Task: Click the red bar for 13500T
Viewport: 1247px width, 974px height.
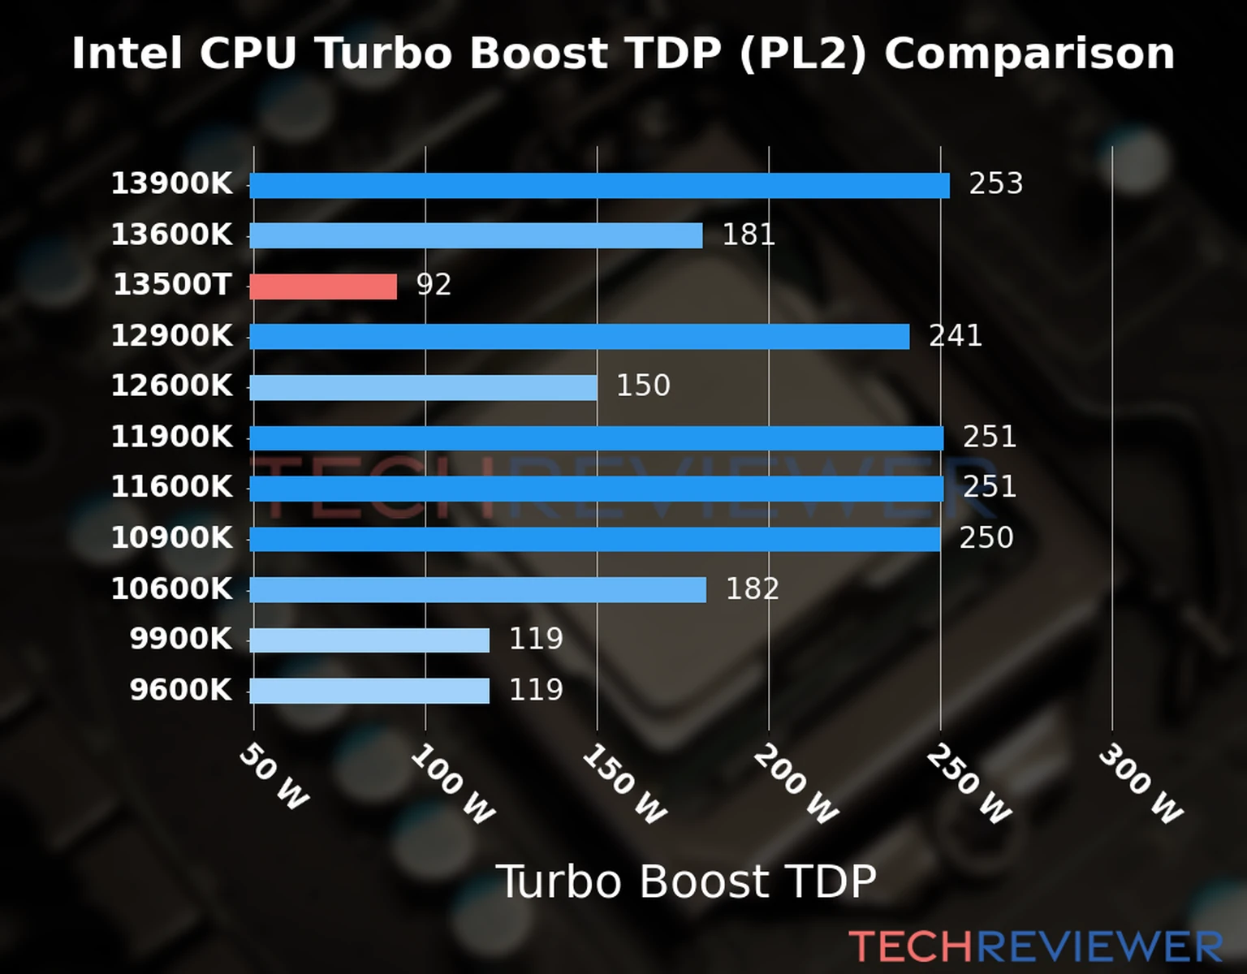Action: (323, 287)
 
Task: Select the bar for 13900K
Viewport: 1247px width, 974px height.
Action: (599, 185)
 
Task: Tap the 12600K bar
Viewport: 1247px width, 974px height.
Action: (423, 387)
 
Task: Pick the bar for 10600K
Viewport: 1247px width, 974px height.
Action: (477, 589)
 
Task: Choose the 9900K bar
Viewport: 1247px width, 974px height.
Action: (369, 640)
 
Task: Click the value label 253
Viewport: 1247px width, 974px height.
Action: (995, 183)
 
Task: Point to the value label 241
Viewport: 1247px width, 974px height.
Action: (956, 335)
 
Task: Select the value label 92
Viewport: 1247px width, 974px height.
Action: (434, 285)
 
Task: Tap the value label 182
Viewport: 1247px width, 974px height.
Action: (752, 588)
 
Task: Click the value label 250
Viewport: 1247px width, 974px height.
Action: (986, 537)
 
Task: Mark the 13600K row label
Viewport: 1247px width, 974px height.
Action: (171, 235)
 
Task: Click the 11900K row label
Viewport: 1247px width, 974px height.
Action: (171, 437)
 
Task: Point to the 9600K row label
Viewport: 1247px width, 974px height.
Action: (180, 690)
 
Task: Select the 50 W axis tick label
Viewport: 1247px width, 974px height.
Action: (274, 777)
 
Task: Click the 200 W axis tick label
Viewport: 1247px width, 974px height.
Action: (795, 784)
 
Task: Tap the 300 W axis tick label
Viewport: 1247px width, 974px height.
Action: (1140, 784)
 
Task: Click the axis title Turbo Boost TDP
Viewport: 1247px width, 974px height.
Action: (686, 881)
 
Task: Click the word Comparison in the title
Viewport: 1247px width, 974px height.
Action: (1029, 54)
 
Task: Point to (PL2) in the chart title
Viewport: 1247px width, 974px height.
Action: (802, 54)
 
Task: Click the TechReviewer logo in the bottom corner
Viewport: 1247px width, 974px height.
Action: (1035, 946)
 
